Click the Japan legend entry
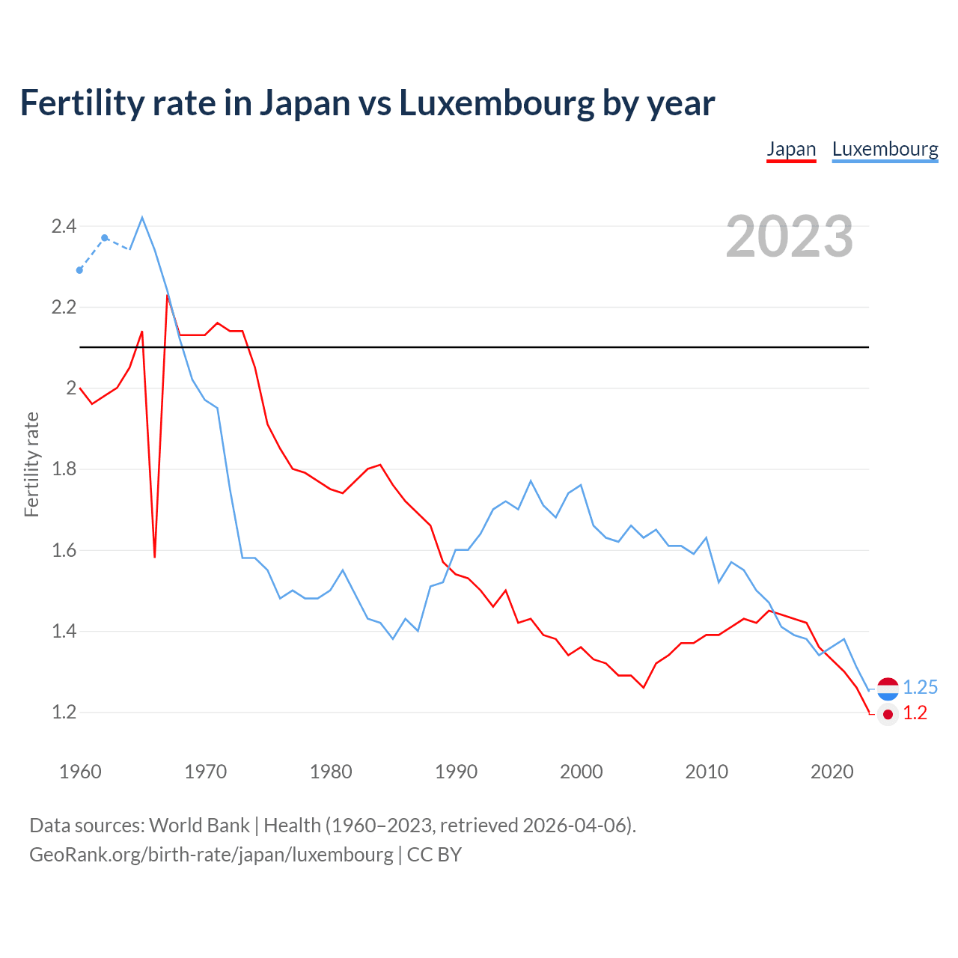(791, 149)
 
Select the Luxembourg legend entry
(885, 149)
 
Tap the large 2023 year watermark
(790, 237)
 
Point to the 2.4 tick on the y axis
(64, 226)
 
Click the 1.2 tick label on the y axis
(64, 712)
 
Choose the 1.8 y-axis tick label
(64, 469)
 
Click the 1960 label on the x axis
(80, 772)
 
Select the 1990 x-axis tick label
(456, 772)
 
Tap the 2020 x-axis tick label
(832, 772)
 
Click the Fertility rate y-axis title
(31, 464)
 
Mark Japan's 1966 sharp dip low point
(155, 556)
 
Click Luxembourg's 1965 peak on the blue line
(142, 218)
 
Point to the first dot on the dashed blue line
(80, 270)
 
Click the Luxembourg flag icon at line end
(888, 689)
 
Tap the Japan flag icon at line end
(888, 715)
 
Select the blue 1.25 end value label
(920, 687)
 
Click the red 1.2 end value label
(915, 713)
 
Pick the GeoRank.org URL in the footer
(211, 854)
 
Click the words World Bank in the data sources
(199, 825)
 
